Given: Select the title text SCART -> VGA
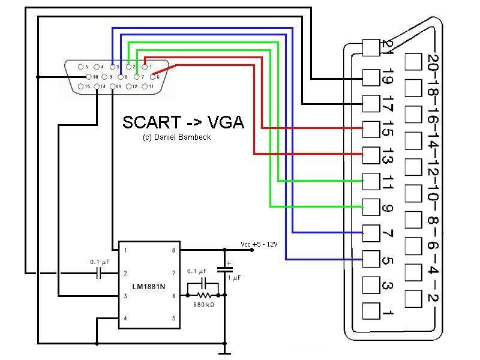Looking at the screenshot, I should click(x=183, y=122).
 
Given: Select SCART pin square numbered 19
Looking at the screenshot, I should click(x=371, y=77).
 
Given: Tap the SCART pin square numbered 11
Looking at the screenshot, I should click(x=371, y=180).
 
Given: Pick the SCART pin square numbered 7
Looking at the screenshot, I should click(x=371, y=231).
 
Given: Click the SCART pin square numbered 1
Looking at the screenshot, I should click(x=371, y=311).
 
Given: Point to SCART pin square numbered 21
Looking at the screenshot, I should click(x=371, y=47).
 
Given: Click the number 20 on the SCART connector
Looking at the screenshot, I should click(x=432, y=62).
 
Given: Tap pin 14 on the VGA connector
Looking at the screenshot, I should click(x=95, y=87).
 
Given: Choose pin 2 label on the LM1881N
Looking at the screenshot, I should click(x=125, y=273).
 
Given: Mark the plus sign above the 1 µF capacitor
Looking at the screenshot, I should click(x=229, y=263).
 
